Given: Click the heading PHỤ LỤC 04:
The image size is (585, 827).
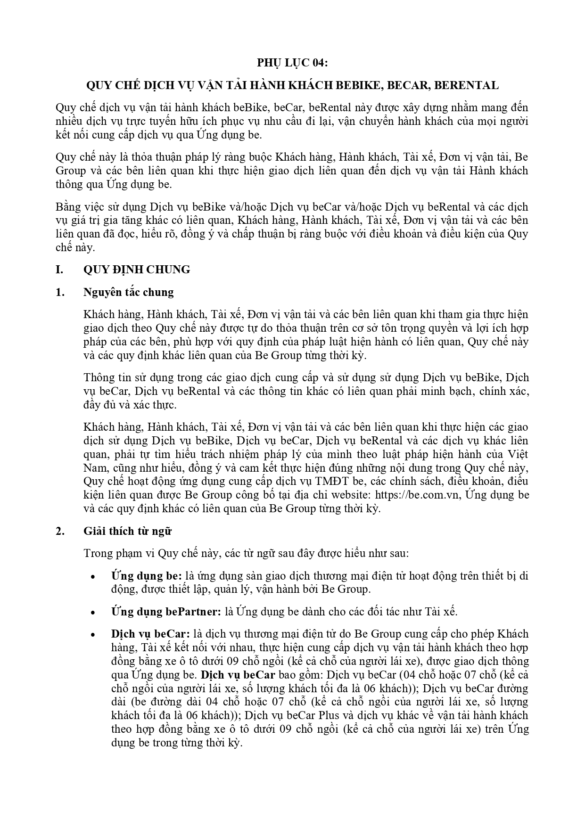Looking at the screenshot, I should [292, 63].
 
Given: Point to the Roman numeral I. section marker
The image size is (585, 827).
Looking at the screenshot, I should [59, 270].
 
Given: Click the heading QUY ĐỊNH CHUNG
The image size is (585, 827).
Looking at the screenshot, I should [137, 270].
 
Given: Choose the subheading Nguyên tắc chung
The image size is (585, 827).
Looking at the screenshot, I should [128, 292].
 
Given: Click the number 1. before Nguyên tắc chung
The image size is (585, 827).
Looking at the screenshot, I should [59, 292].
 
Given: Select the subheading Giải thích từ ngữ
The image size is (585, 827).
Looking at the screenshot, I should [127, 531].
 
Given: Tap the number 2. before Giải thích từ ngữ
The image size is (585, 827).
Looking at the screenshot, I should [59, 531].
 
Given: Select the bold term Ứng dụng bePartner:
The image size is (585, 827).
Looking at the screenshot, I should [166, 612].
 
